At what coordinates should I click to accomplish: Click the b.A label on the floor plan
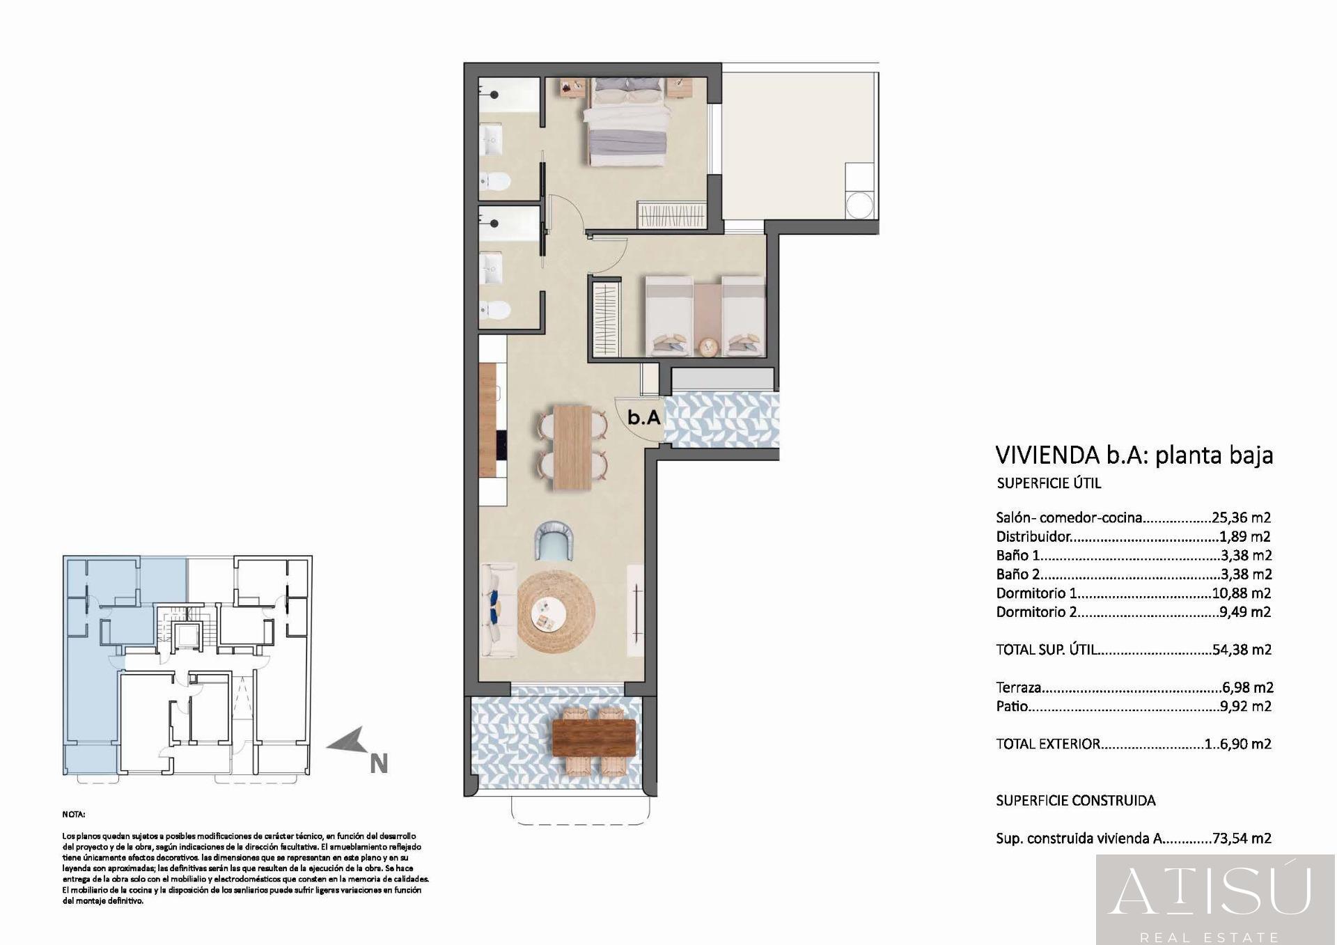click(x=643, y=418)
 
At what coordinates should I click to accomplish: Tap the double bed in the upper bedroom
click(x=623, y=125)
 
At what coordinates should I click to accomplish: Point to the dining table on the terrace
click(x=593, y=737)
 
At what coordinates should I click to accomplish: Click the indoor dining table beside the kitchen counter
click(x=572, y=446)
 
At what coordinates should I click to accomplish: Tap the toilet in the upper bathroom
click(x=497, y=182)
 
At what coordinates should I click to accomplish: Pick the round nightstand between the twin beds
click(x=708, y=346)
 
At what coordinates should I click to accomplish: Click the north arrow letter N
click(x=378, y=764)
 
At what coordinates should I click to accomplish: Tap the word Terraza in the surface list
click(x=1019, y=687)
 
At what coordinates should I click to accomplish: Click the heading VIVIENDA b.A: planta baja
click(x=1134, y=455)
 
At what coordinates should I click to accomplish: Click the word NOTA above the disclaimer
click(x=74, y=814)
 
